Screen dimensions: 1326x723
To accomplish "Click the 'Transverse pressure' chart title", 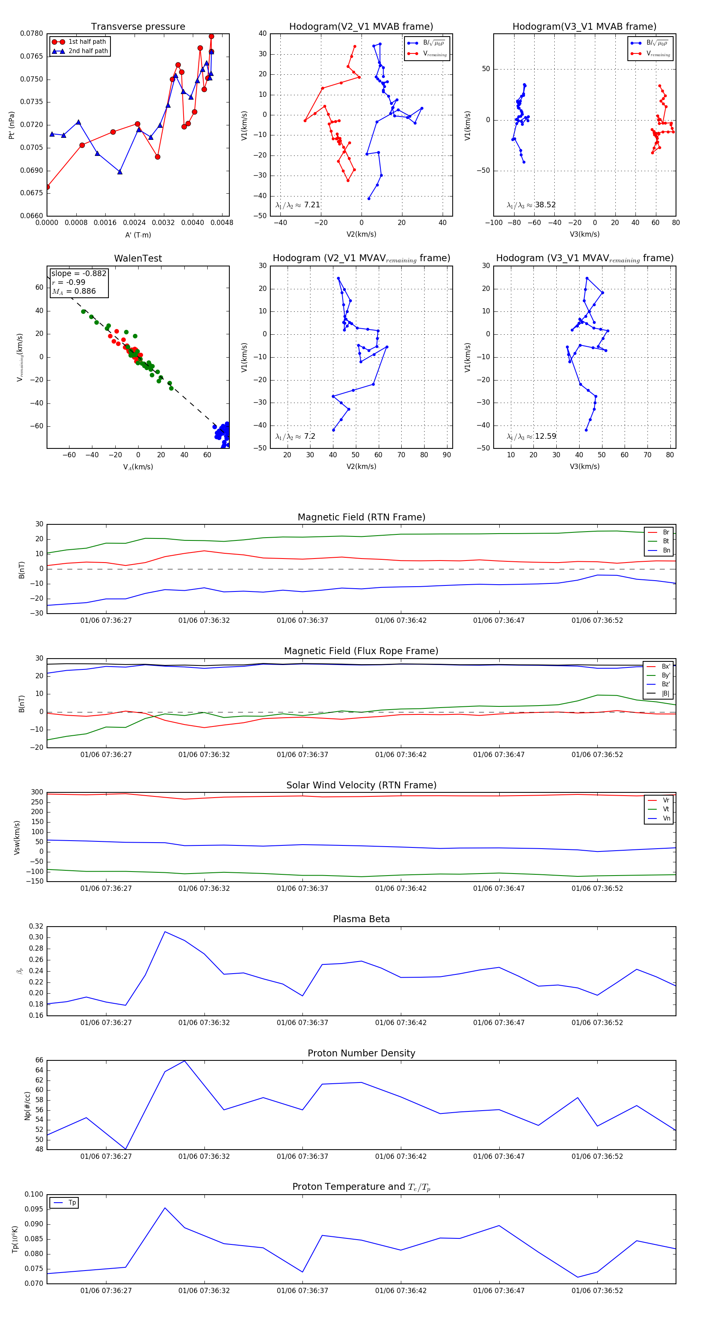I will coord(138,27).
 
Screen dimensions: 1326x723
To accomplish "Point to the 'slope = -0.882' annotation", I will coord(78,273).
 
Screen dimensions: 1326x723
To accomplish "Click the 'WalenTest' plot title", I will coord(138,258).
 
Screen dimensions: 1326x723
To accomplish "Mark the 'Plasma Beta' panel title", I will coord(361,919).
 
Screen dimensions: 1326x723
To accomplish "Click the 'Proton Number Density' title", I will coord(361,1053).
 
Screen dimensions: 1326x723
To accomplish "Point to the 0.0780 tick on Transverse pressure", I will coord(32,33).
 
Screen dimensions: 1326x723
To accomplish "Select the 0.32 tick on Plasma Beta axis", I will coord(36,926).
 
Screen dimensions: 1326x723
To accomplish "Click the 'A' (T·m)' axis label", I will coord(138,235).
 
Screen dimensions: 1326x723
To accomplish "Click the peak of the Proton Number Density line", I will coord(185,1061).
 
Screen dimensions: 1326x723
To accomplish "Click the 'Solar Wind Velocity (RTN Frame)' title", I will coord(361,785).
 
